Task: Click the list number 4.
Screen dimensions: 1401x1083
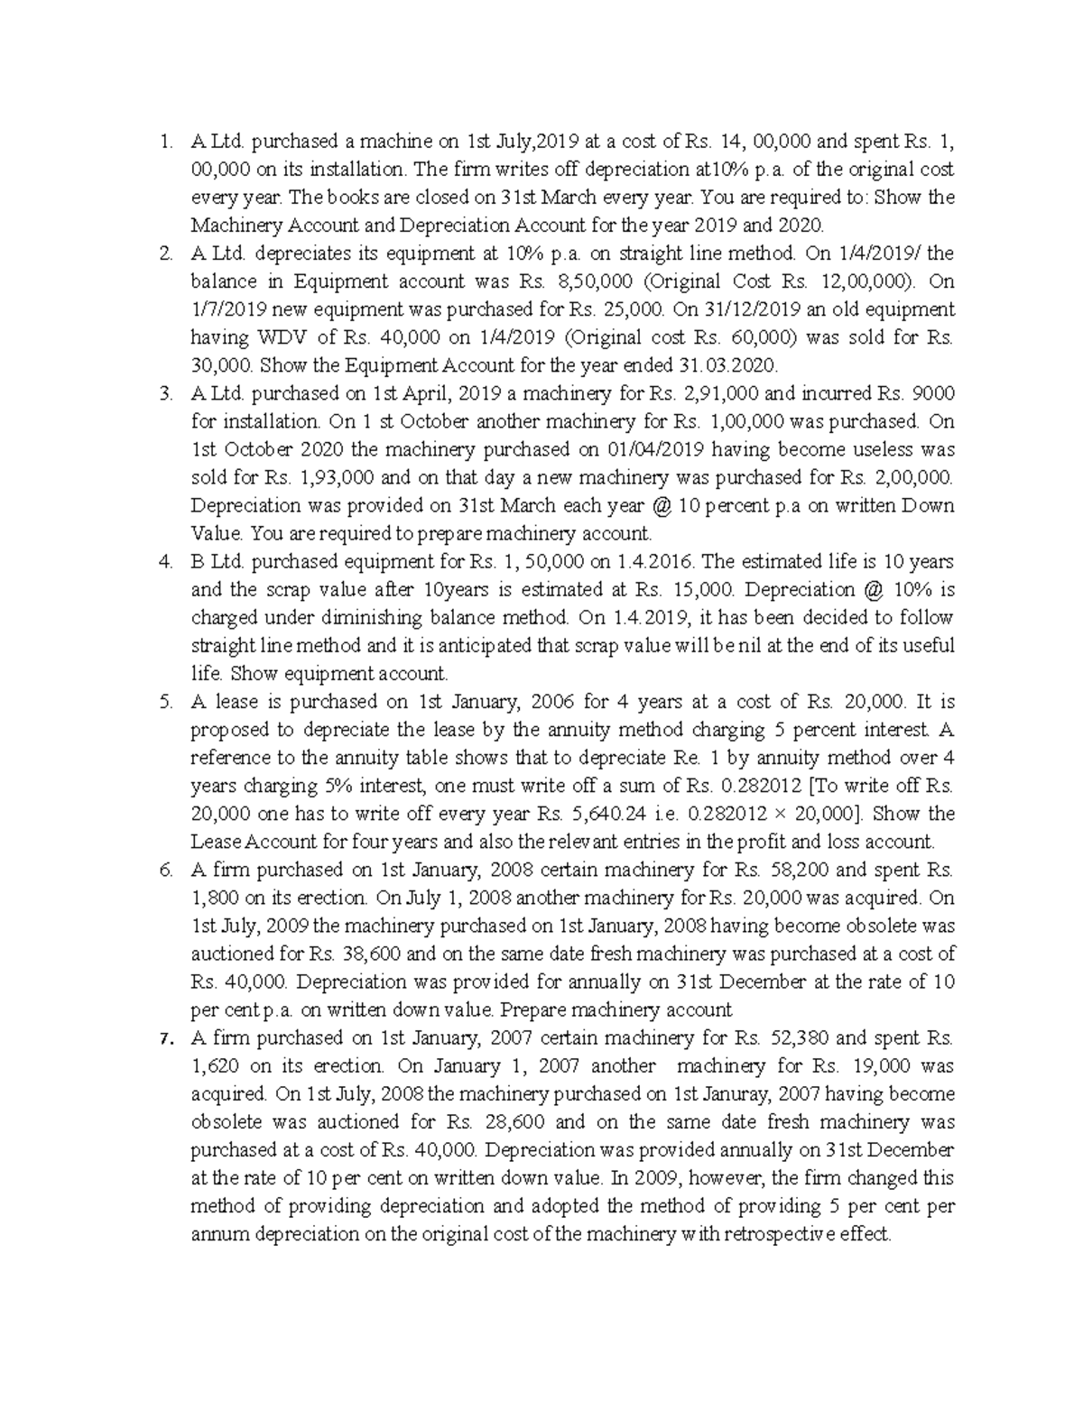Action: click(x=164, y=562)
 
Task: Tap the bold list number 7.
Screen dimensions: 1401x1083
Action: click(x=164, y=1038)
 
